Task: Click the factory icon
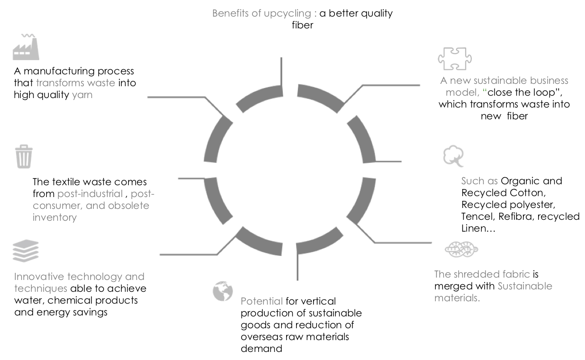click(26, 46)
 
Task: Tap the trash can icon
click(24, 157)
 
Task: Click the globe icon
click(223, 291)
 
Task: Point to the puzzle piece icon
click(454, 59)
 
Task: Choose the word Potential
click(261, 301)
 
